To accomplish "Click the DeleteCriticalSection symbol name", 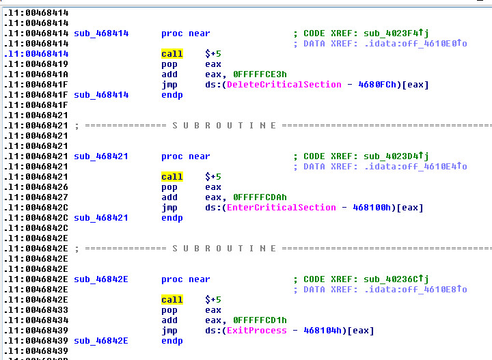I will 284,85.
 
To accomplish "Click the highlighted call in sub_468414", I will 172,54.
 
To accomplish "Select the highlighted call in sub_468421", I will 172,177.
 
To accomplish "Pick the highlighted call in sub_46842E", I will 172,300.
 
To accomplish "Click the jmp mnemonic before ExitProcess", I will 169,331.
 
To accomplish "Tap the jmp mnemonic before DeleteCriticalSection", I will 169,85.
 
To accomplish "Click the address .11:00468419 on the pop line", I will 36,64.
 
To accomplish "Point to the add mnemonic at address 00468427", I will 169,197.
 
